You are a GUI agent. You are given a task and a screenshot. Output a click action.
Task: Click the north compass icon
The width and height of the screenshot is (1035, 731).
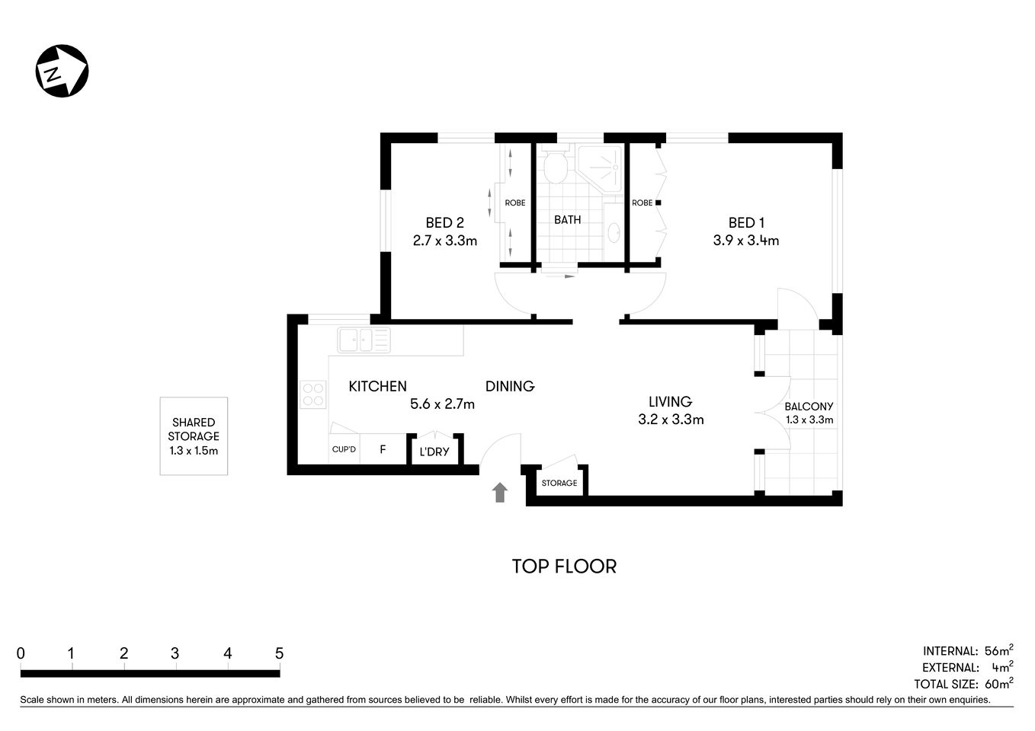click(62, 71)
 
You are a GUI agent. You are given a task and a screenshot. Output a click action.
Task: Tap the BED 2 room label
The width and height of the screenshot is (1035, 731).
click(444, 222)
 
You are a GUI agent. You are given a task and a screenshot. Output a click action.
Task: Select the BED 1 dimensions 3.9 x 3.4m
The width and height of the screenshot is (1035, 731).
click(745, 241)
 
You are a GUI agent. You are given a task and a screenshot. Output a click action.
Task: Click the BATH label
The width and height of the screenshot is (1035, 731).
click(567, 220)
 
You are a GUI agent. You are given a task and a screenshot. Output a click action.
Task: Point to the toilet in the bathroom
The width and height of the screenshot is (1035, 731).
click(555, 166)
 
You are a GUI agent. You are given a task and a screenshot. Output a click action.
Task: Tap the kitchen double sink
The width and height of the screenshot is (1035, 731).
click(364, 340)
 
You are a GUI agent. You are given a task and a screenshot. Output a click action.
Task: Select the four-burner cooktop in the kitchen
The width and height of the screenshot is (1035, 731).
click(313, 394)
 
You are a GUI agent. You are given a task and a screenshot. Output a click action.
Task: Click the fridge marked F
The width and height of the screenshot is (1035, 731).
click(383, 449)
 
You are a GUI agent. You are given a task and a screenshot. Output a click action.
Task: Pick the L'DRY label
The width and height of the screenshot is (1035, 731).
click(434, 452)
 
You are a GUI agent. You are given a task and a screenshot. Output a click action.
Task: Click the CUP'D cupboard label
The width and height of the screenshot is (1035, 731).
click(344, 449)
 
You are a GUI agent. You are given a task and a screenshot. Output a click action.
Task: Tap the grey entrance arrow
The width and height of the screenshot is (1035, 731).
click(500, 492)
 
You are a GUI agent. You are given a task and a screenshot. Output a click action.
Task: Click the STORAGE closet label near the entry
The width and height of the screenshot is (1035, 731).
click(559, 483)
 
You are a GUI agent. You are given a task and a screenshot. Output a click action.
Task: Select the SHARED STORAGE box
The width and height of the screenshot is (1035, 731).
click(194, 436)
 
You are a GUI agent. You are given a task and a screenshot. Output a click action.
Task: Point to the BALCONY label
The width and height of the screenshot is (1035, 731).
click(809, 407)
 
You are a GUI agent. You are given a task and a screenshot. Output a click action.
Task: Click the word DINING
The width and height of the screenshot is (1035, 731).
click(510, 386)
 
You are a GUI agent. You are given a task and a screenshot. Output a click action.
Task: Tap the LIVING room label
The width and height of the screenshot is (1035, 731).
click(670, 401)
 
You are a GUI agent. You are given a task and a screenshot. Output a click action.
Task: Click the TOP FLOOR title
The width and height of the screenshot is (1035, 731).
click(563, 567)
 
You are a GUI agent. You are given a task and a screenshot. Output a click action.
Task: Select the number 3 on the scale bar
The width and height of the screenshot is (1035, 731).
click(175, 653)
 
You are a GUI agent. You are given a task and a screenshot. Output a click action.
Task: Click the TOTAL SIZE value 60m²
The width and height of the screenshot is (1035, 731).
click(998, 683)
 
